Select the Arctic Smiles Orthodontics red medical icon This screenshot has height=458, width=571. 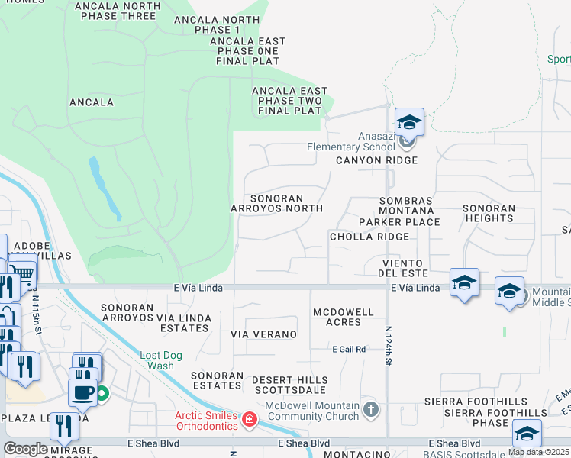(249, 419)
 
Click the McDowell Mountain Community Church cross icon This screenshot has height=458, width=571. (371, 410)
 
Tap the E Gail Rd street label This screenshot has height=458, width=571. (349, 349)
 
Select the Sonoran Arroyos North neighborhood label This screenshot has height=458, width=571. (276, 203)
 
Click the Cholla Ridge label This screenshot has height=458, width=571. (369, 237)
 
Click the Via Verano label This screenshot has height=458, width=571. (263, 334)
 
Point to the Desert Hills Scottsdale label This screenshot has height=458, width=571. (290, 385)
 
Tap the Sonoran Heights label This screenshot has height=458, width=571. (489, 213)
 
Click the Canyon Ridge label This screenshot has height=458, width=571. (377, 160)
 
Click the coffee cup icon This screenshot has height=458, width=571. (82, 392)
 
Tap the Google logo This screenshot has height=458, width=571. (25, 449)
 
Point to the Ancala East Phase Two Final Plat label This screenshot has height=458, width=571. (289, 101)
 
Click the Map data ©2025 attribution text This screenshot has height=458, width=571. (538, 452)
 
